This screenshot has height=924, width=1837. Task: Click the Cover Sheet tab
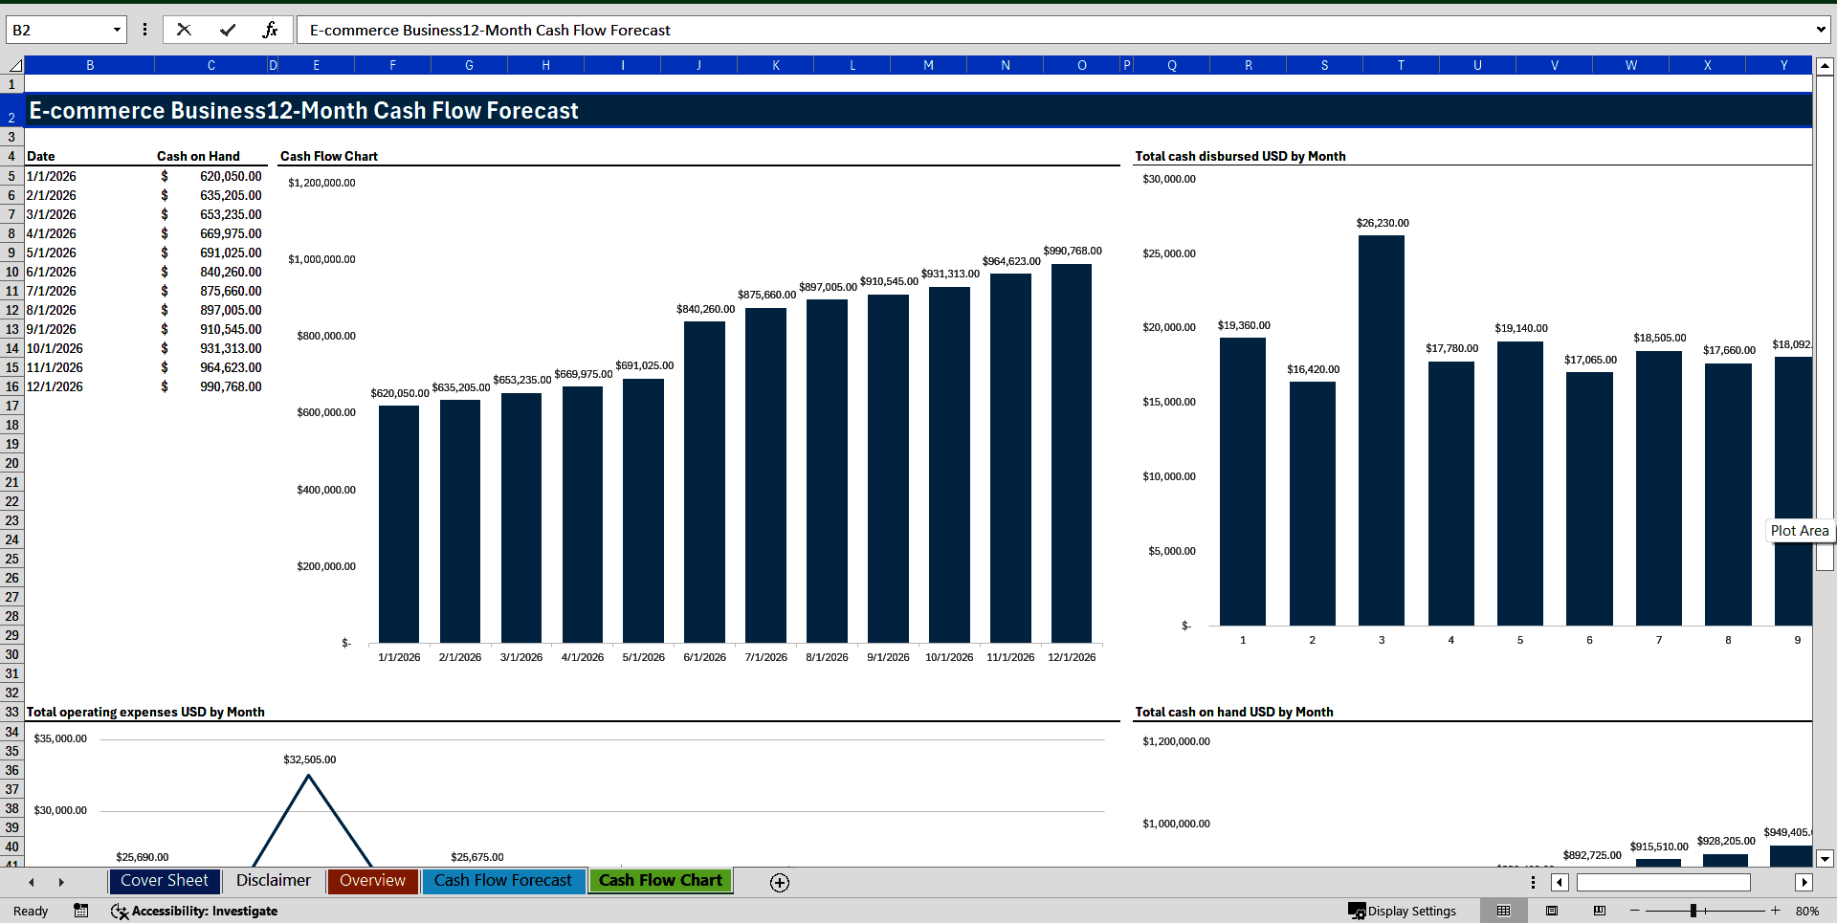165,881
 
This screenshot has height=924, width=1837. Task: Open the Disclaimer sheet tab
273,881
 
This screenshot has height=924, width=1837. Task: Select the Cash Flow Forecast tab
502,881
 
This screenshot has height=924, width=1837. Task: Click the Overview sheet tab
372,881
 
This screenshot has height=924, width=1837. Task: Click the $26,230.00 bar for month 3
1381,430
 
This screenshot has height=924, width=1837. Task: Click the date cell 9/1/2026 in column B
52,330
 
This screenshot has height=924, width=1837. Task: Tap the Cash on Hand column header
198,157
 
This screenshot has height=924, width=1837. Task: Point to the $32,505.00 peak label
310,760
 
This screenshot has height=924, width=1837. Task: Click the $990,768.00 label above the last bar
1072,252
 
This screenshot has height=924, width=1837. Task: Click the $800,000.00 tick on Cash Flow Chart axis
326,337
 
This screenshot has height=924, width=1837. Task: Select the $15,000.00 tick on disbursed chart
1168,403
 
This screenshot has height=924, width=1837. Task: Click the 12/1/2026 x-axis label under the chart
1071,658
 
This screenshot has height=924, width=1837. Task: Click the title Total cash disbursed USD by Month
1240,157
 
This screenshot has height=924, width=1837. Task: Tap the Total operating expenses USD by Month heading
145,713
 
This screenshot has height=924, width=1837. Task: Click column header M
928,66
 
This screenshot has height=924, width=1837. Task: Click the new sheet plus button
780,883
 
